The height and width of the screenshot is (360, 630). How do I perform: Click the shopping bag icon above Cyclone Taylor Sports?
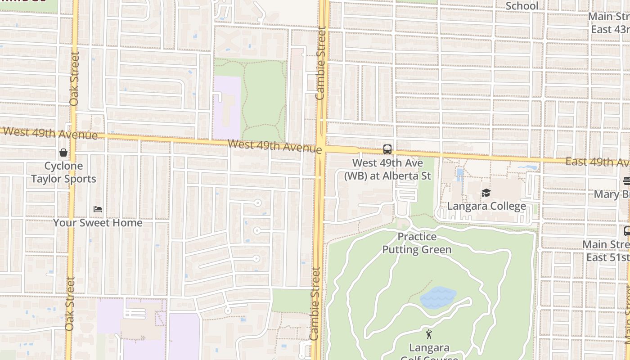[x=63, y=153]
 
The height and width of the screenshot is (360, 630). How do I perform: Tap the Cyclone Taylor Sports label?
[x=63, y=172]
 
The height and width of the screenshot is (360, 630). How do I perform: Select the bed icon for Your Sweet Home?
[x=98, y=209]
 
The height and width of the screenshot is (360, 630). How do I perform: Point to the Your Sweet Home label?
[x=98, y=223]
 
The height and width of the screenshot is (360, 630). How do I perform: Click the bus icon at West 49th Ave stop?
[x=387, y=149]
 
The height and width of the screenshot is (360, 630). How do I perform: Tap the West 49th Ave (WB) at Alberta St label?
[x=387, y=169]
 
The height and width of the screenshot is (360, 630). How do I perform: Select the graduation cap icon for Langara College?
[x=486, y=193]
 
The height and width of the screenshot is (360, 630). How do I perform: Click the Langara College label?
[x=486, y=206]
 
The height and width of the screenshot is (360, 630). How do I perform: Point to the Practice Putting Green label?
[x=417, y=243]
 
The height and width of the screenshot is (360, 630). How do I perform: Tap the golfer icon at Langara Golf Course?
[x=429, y=334]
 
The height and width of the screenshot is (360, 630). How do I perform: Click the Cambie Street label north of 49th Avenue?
[x=320, y=63]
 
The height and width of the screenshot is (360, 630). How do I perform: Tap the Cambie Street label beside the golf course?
[x=315, y=304]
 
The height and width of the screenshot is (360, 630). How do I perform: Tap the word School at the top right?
[x=522, y=6]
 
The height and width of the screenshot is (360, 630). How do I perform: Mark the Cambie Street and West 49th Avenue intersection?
[x=322, y=149]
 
